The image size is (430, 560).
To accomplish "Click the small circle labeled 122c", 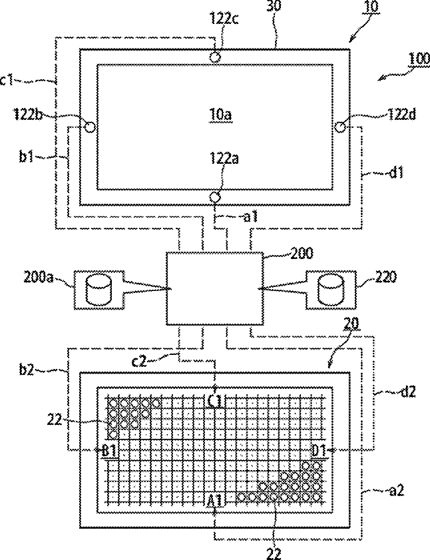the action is [x=215, y=57].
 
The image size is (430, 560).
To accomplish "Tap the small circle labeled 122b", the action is [x=90, y=127].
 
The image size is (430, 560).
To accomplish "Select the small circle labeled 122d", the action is [x=341, y=127].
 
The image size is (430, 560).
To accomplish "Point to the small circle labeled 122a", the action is [x=215, y=197].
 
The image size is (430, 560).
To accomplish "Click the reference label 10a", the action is [x=221, y=115].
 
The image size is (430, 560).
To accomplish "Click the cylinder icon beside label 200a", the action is [x=99, y=289].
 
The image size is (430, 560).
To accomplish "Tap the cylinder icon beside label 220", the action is [x=331, y=289].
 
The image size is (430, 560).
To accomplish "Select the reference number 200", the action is [x=302, y=253].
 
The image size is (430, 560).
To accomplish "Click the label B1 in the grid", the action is [x=110, y=450].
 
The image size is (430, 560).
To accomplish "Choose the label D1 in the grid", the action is [x=319, y=450].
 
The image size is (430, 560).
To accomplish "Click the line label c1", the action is [x=7, y=81].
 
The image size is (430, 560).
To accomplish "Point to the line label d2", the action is [x=407, y=392].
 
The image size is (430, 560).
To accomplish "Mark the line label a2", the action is [x=396, y=491].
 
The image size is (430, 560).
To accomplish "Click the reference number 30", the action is [x=274, y=6].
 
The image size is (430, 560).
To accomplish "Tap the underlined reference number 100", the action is [x=419, y=59].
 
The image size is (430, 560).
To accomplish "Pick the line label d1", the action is [x=395, y=173].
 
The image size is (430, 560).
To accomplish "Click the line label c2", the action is [x=139, y=361].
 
